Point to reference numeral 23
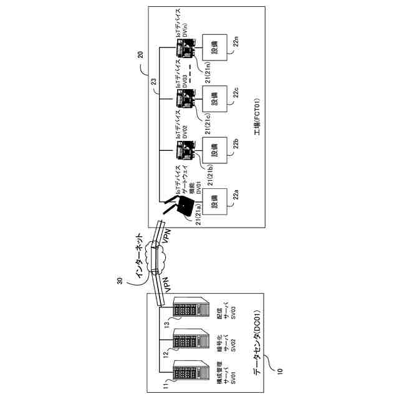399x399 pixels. tap(154, 80)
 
